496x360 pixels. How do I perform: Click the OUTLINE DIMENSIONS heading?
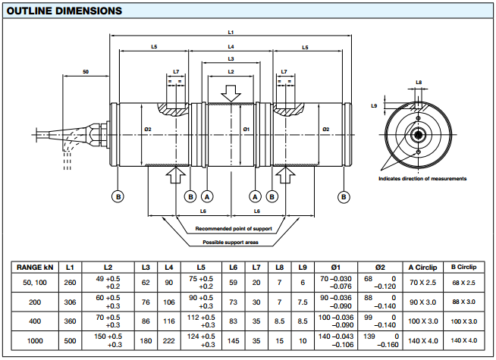[62, 11]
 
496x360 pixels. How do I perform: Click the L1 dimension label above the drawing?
[231, 32]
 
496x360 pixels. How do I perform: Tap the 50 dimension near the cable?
[86, 72]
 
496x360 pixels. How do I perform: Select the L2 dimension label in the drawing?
[231, 71]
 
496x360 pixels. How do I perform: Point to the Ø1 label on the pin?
[246, 130]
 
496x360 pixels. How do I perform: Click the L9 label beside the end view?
[375, 106]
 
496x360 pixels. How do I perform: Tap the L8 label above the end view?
[419, 81]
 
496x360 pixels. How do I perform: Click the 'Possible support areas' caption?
[230, 242]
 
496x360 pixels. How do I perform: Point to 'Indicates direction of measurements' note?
[422, 178]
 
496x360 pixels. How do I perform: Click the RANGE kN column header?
[35, 267]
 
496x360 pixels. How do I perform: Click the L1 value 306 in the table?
[70, 302]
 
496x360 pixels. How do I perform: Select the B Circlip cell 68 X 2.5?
[463, 282]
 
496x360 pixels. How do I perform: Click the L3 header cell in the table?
[146, 267]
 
